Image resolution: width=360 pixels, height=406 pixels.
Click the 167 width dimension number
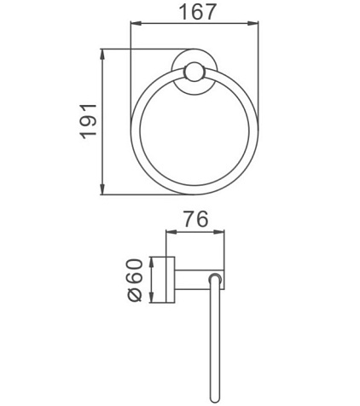(198, 12)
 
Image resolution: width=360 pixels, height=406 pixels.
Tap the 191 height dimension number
(88, 122)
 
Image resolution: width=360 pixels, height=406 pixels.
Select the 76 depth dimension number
(195, 219)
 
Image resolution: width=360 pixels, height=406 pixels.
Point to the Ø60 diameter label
(135, 280)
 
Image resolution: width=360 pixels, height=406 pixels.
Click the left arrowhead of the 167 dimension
(136, 23)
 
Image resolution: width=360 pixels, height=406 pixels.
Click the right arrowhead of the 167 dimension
(253, 23)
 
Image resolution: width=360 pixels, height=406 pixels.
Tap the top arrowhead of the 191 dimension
(102, 55)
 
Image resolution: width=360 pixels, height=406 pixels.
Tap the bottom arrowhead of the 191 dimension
(102, 189)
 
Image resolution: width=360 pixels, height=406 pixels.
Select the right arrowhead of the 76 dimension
(218, 232)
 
